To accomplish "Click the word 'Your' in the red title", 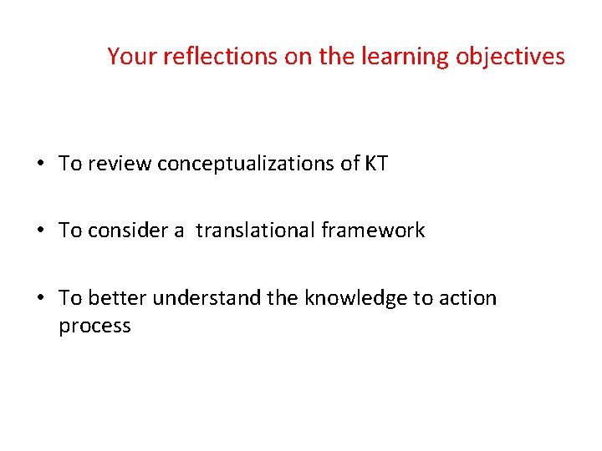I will tap(129, 57).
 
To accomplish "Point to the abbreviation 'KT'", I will tap(376, 164).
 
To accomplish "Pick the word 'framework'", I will tap(373, 231).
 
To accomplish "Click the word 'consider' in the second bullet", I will tap(122, 231).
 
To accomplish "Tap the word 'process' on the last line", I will tap(94, 327).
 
